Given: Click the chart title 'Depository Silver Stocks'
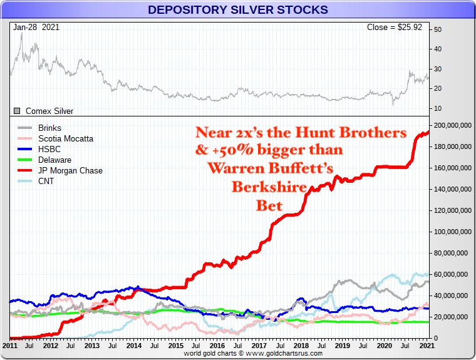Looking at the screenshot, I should [237, 10].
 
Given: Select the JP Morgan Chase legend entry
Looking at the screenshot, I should [70, 170].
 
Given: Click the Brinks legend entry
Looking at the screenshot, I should [50, 128].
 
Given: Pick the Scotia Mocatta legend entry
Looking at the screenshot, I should [65, 138].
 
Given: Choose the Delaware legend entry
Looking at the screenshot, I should [54, 160].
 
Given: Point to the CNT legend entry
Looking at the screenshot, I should [46, 181].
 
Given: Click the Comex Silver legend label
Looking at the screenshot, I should [49, 111].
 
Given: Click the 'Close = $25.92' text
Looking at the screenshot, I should [395, 28].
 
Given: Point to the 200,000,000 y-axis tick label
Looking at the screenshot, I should [453, 125].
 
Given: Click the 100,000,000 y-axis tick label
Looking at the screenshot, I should [453, 232].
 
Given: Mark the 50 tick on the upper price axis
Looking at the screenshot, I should [438, 29].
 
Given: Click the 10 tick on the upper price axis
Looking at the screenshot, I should [438, 108].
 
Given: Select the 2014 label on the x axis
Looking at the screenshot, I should [133, 346].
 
